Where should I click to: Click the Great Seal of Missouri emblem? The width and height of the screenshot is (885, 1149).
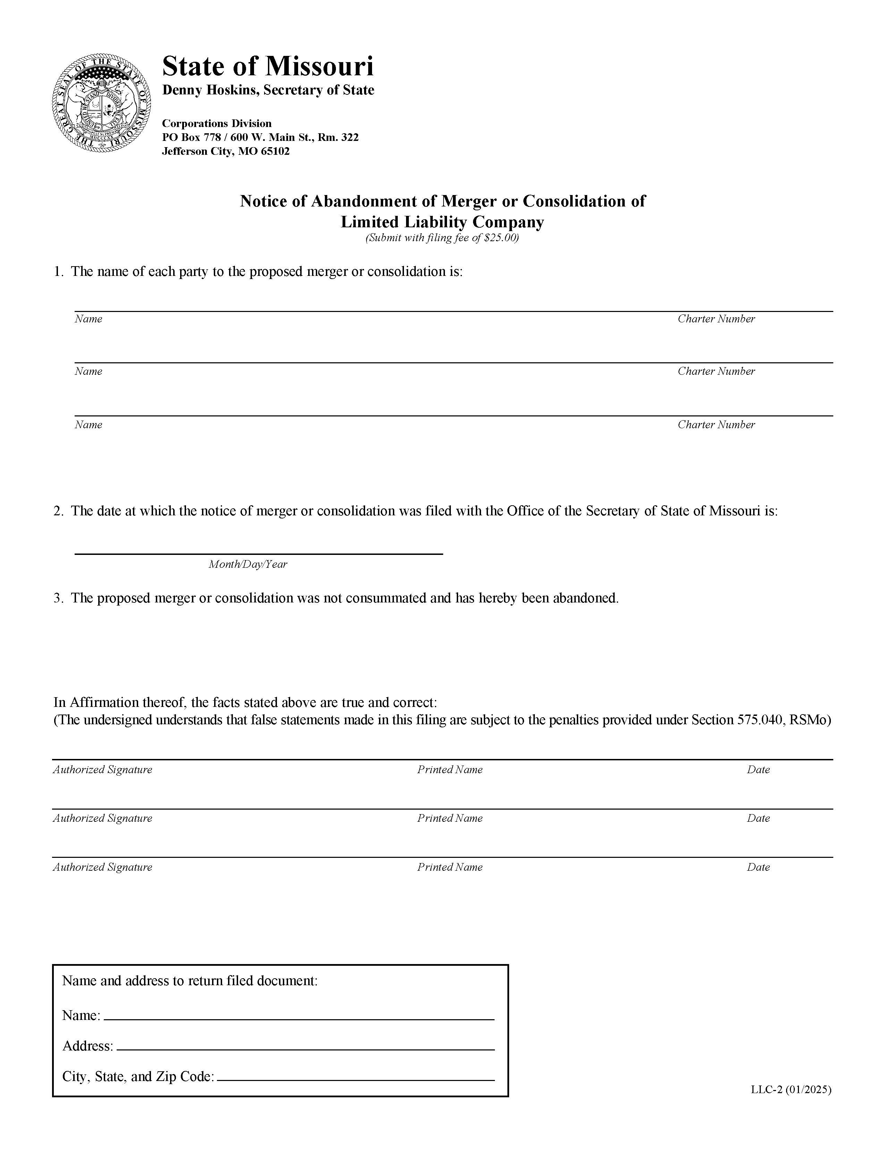pos(102,103)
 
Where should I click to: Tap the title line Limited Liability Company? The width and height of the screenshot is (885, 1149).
pos(442,222)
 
